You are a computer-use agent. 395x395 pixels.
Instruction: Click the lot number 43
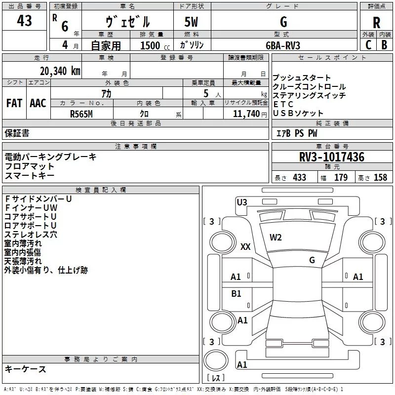(24, 21)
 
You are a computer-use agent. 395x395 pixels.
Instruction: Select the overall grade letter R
(376, 23)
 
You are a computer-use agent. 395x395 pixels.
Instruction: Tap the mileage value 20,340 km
(60, 71)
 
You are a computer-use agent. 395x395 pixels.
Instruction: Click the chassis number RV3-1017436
(331, 157)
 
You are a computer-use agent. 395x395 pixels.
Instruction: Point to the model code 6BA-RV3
(283, 45)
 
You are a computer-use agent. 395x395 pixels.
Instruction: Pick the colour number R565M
(81, 114)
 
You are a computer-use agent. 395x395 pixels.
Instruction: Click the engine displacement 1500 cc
(155, 45)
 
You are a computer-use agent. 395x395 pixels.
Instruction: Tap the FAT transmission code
(14, 103)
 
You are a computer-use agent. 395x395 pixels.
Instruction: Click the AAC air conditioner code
(38, 103)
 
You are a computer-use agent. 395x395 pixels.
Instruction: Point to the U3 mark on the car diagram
(242, 202)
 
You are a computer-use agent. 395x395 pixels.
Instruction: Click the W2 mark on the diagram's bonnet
(276, 237)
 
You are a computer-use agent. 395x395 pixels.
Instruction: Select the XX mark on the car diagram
(245, 246)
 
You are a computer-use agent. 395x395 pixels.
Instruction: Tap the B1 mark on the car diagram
(236, 293)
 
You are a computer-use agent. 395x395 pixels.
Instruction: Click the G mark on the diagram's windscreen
(312, 260)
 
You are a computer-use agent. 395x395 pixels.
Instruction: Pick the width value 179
(341, 177)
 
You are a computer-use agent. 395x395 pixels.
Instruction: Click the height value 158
(380, 177)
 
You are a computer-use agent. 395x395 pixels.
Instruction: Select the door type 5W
(191, 22)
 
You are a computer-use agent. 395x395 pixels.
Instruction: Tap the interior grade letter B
(384, 45)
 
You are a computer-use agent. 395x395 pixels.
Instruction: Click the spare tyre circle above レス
(216, 360)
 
